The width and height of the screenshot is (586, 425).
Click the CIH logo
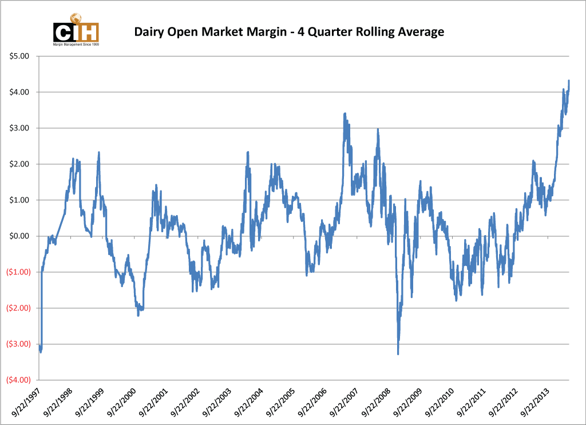76,32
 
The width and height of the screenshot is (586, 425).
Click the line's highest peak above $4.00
568,81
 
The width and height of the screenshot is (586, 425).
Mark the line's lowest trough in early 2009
398,354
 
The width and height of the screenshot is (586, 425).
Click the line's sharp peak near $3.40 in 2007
344,114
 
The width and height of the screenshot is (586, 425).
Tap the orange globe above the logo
76,18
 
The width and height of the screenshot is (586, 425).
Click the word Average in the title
419,32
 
